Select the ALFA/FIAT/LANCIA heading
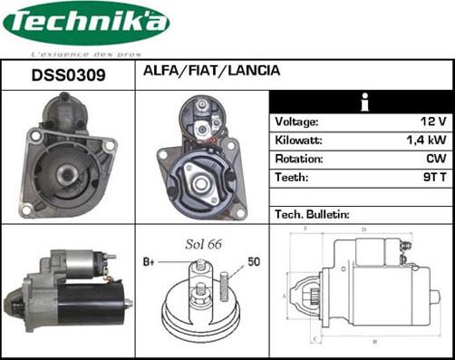click(211, 71)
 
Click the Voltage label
click(296, 122)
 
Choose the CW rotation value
click(437, 159)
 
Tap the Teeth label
click(291, 178)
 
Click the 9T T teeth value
click(433, 178)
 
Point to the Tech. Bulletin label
click(312, 214)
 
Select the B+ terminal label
click(150, 263)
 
